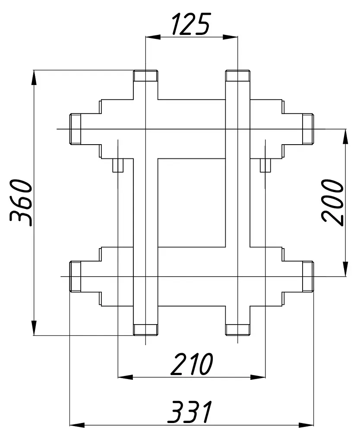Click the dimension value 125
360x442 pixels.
pyautogui.click(x=191, y=24)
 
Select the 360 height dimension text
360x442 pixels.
pyautogui.click(x=21, y=202)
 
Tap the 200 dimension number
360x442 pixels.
pyautogui.click(x=333, y=202)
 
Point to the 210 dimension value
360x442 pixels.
pyautogui.click(x=192, y=364)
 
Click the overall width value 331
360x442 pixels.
pyautogui.click(x=189, y=412)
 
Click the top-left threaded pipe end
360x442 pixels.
pyautogui.click(x=145, y=76)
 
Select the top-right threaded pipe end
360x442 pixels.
pyautogui.click(x=238, y=76)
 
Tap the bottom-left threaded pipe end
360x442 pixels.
pyautogui.click(x=145, y=330)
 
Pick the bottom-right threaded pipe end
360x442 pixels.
pyautogui.click(x=238, y=330)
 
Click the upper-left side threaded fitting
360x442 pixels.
pyautogui.click(x=75, y=129)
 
